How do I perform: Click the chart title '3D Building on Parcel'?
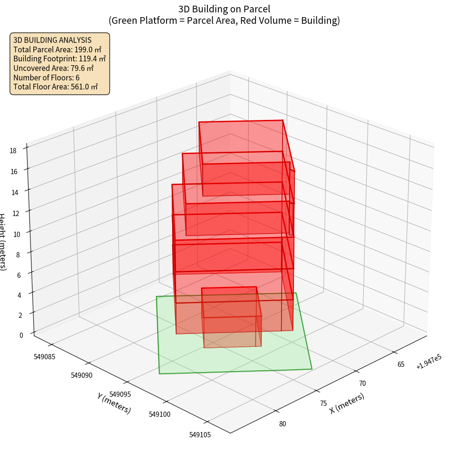pos(224,9)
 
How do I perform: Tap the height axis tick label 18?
pos(13,151)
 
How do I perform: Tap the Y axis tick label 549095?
pos(121,394)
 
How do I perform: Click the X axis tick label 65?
pos(401,364)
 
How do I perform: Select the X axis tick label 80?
pos(283,424)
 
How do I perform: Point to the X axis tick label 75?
pos(323,403)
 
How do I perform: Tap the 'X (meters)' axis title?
pos(347,403)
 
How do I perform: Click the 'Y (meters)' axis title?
pos(114,403)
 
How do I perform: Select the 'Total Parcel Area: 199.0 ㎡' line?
pos(58,49)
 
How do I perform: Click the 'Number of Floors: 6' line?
pos(47,78)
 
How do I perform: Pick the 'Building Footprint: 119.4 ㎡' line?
pos(59,59)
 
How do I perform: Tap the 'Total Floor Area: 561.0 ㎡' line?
pos(56,87)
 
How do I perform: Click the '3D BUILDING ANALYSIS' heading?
pos(52,40)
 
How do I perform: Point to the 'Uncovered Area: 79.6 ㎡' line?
pos(54,68)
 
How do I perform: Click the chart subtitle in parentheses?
pos(224,20)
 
